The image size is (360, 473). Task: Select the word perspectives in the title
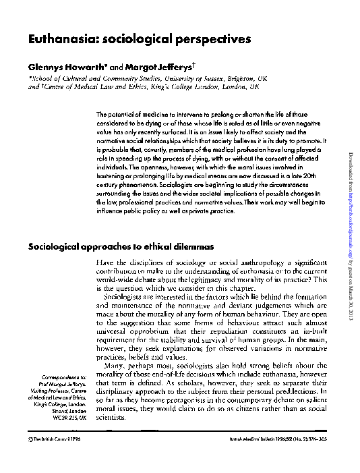[209, 40]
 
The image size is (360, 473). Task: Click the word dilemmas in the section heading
[193, 247]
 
